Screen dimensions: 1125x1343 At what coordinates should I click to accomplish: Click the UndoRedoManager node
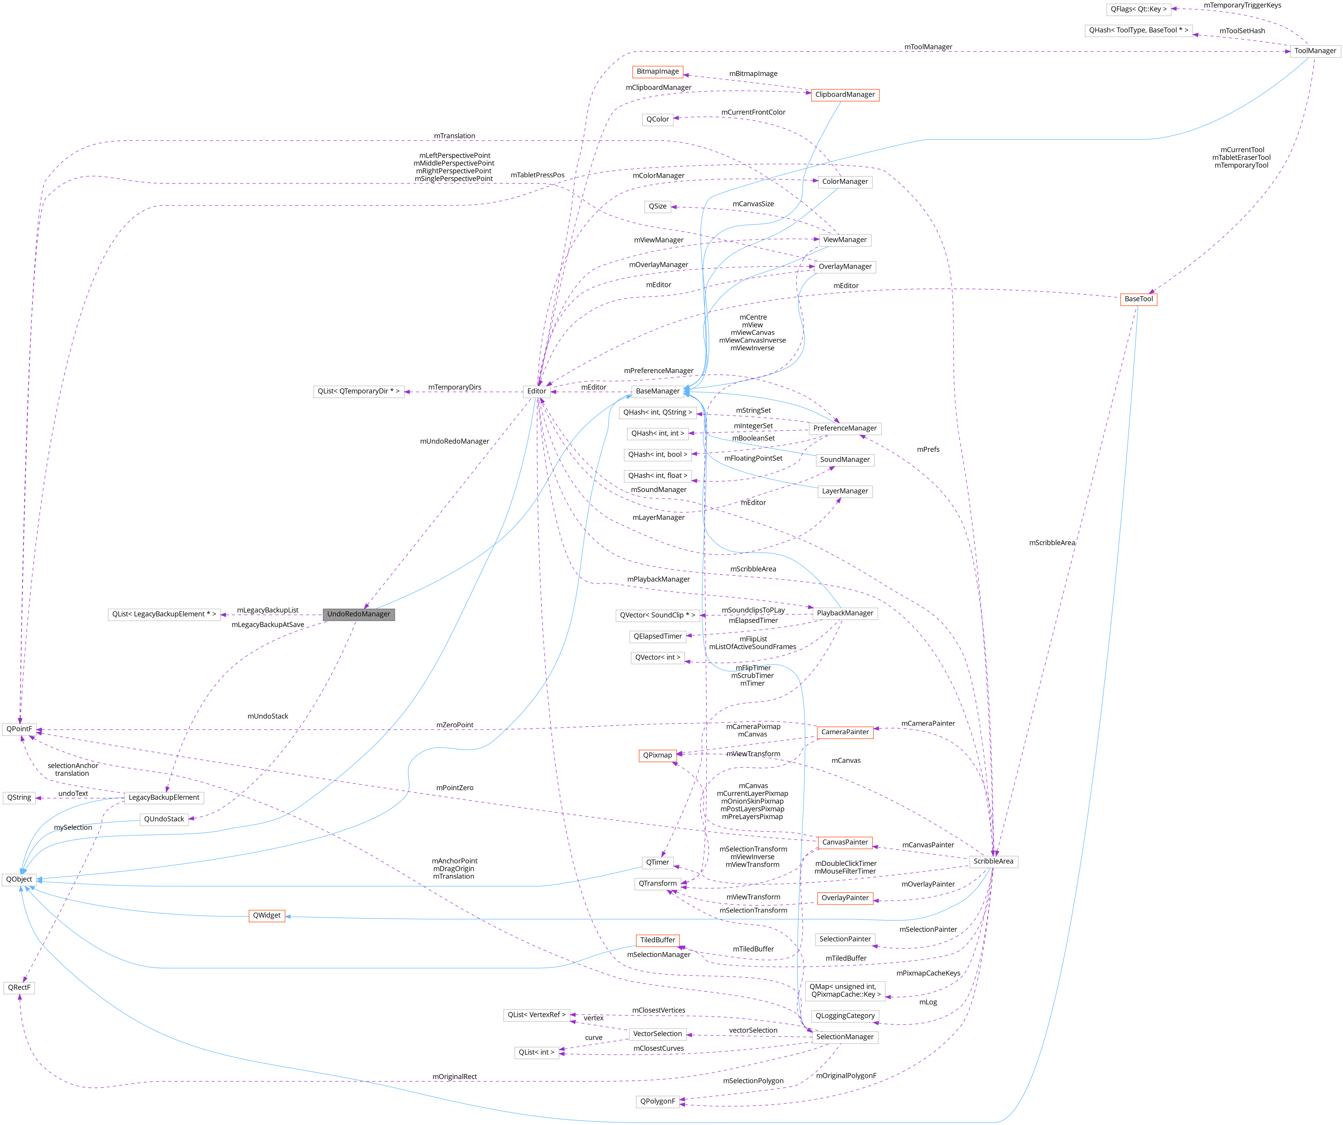[x=358, y=614]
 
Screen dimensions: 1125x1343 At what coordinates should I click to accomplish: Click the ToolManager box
[x=1315, y=51]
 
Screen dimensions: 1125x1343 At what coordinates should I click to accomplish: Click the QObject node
[x=19, y=879]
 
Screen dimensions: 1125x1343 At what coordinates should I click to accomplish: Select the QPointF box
[x=19, y=729]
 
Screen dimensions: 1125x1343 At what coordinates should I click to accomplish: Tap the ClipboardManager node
[x=844, y=95]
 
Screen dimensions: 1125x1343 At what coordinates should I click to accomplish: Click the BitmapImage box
[x=657, y=71]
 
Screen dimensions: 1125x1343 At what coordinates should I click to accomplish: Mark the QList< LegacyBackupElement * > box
[x=164, y=614]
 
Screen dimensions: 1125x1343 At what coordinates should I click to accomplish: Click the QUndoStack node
[x=164, y=819]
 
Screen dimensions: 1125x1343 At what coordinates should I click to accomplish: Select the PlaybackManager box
[x=845, y=613]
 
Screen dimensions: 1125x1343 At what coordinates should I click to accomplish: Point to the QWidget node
[x=267, y=916]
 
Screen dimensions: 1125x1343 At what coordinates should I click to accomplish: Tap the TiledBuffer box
[x=657, y=940]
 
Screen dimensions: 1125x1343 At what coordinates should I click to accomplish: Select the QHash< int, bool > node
[x=657, y=455]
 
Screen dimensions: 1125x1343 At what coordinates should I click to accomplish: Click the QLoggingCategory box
[x=845, y=1016]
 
